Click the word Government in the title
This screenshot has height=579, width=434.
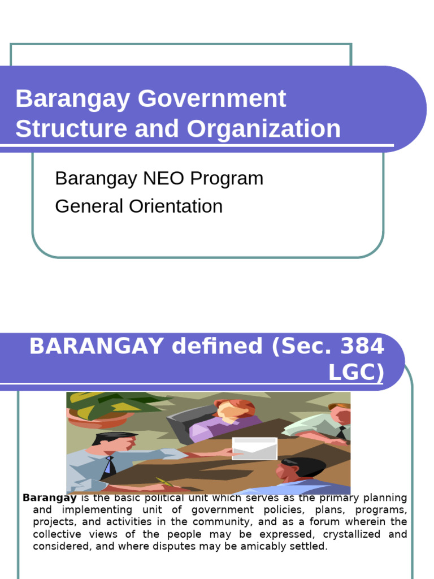[211, 99]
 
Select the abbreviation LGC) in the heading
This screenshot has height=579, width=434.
[355, 373]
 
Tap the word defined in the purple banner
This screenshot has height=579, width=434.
[217, 346]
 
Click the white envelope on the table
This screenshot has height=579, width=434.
[255, 448]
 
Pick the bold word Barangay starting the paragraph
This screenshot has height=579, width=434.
[50, 498]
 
